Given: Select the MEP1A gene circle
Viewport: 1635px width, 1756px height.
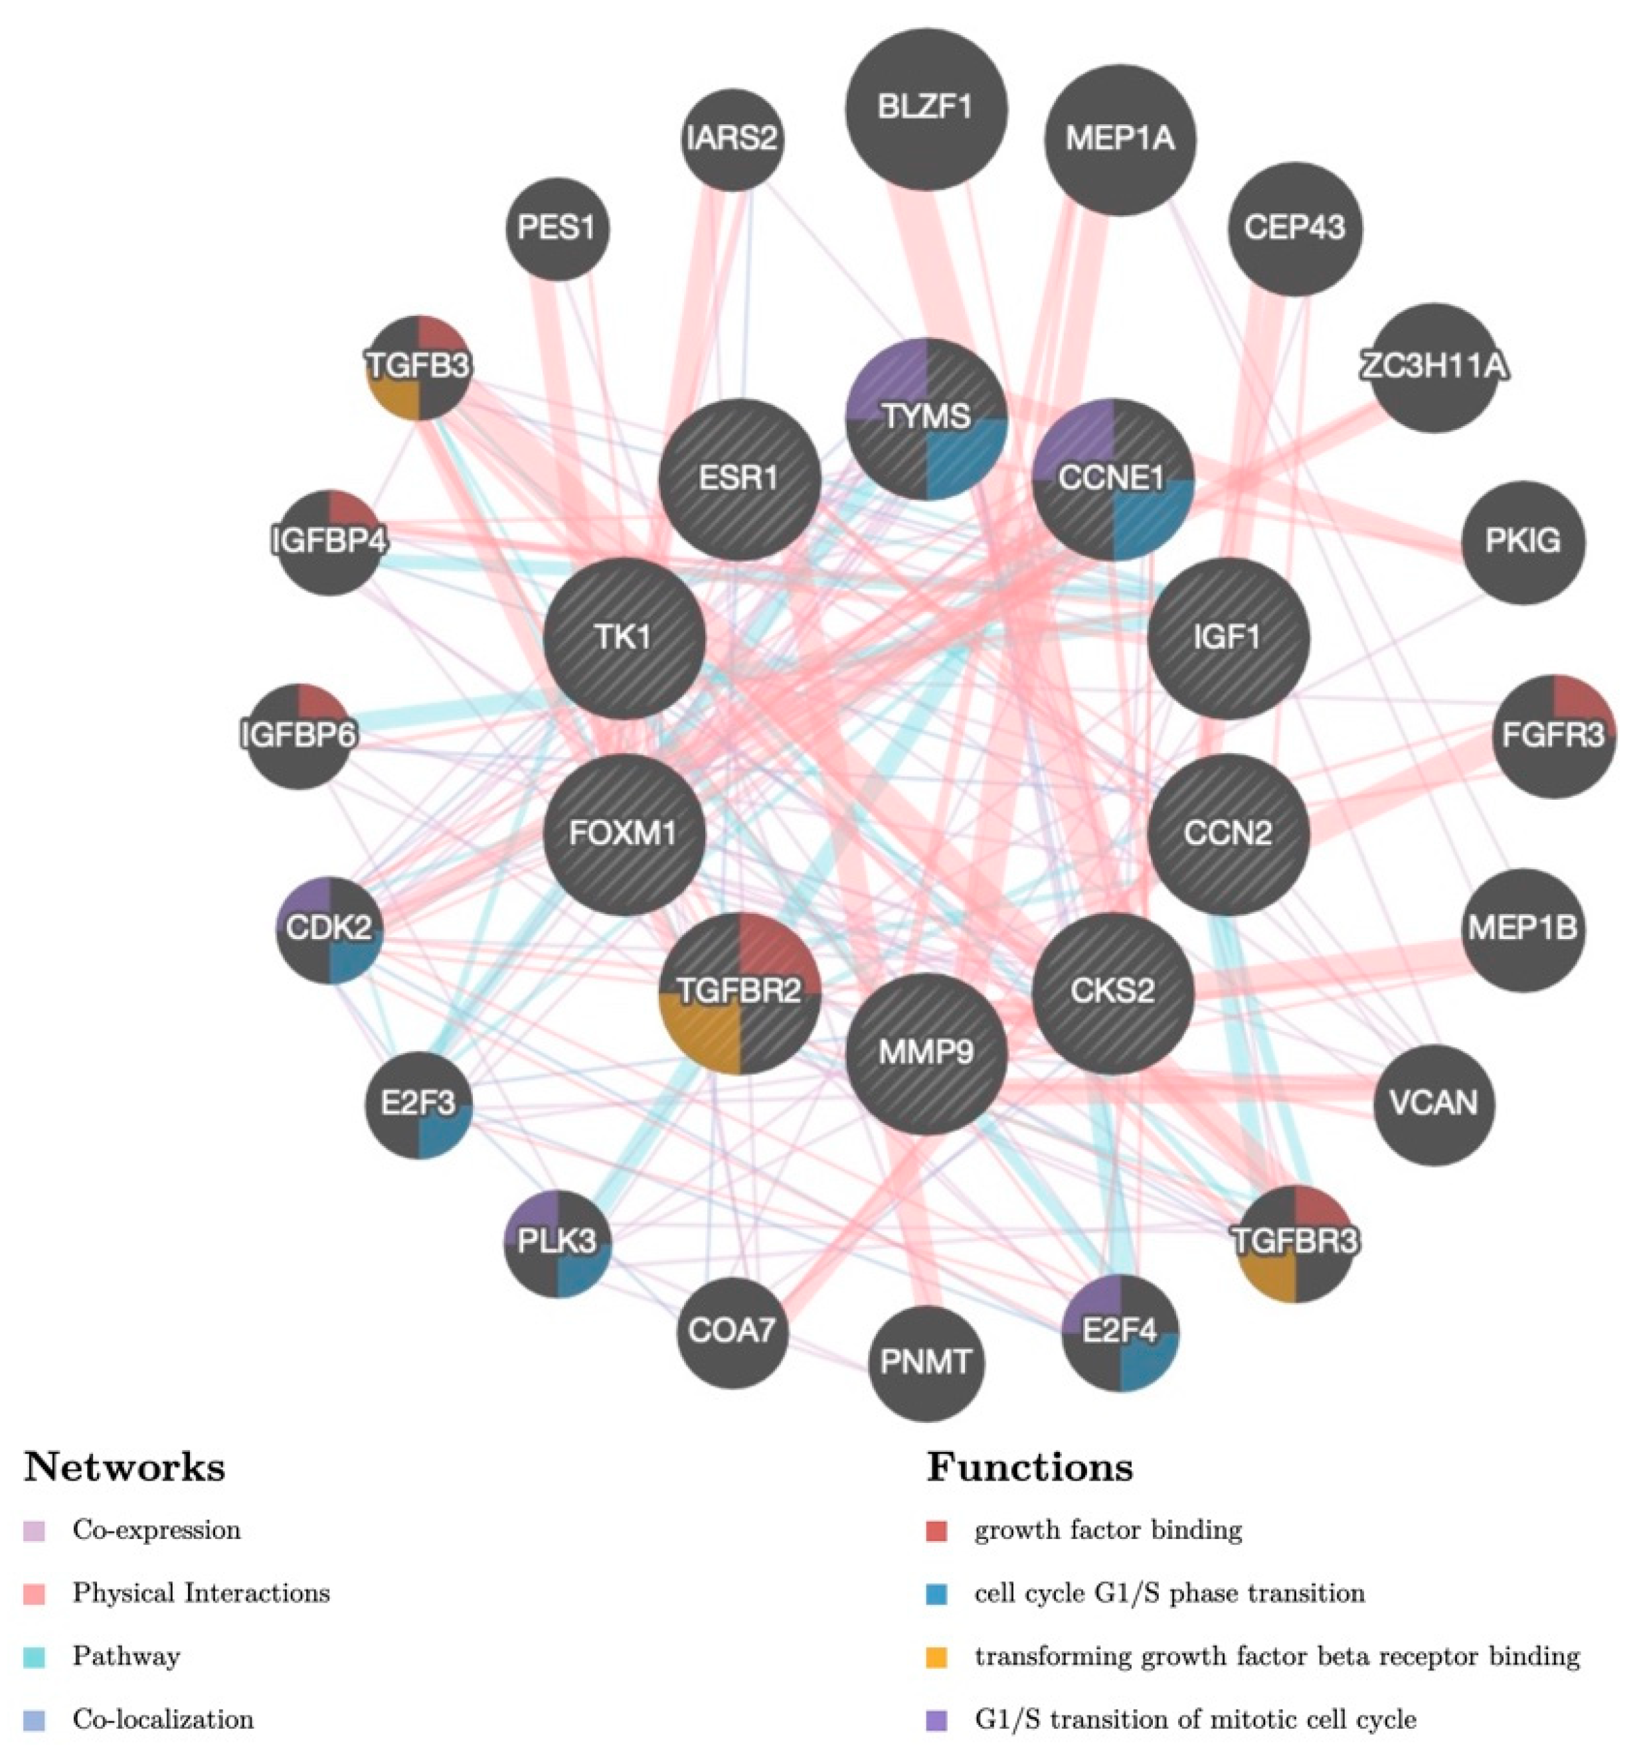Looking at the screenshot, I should click(x=1119, y=139).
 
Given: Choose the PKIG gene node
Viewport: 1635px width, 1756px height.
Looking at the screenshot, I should click(x=1522, y=542).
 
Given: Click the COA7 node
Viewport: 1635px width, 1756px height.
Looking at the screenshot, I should click(x=732, y=1330).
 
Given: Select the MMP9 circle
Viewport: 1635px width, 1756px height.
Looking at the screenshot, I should click(x=925, y=1052).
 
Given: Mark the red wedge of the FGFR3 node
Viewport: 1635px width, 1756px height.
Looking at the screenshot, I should click(x=1577, y=707).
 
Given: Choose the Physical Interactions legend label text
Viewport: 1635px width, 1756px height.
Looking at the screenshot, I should click(x=201, y=1593).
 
